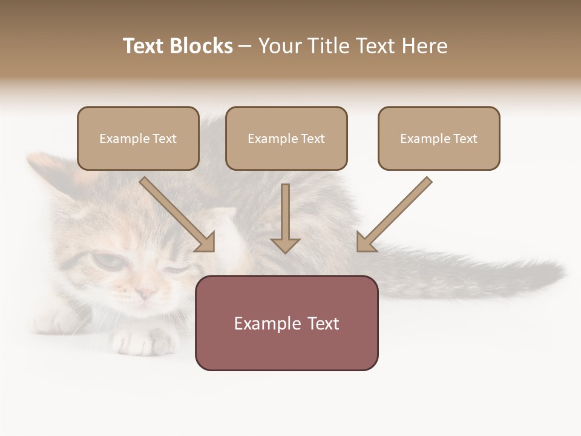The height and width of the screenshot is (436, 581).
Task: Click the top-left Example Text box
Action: [x=138, y=138]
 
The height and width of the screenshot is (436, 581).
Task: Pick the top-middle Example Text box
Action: [x=286, y=138]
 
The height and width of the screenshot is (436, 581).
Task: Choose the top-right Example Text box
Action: [x=439, y=138]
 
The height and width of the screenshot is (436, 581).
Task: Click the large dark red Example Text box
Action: [x=286, y=323]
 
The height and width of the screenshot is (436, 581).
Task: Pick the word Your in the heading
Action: [x=280, y=46]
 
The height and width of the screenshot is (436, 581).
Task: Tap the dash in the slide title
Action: [x=245, y=47]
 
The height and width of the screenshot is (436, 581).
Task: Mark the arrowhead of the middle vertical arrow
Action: [x=285, y=245]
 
